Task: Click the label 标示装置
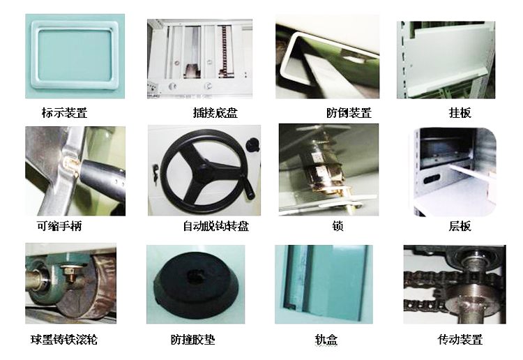(x=64, y=112)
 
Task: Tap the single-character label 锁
(x=338, y=226)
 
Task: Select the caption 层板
(x=460, y=226)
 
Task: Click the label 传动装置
(x=460, y=340)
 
